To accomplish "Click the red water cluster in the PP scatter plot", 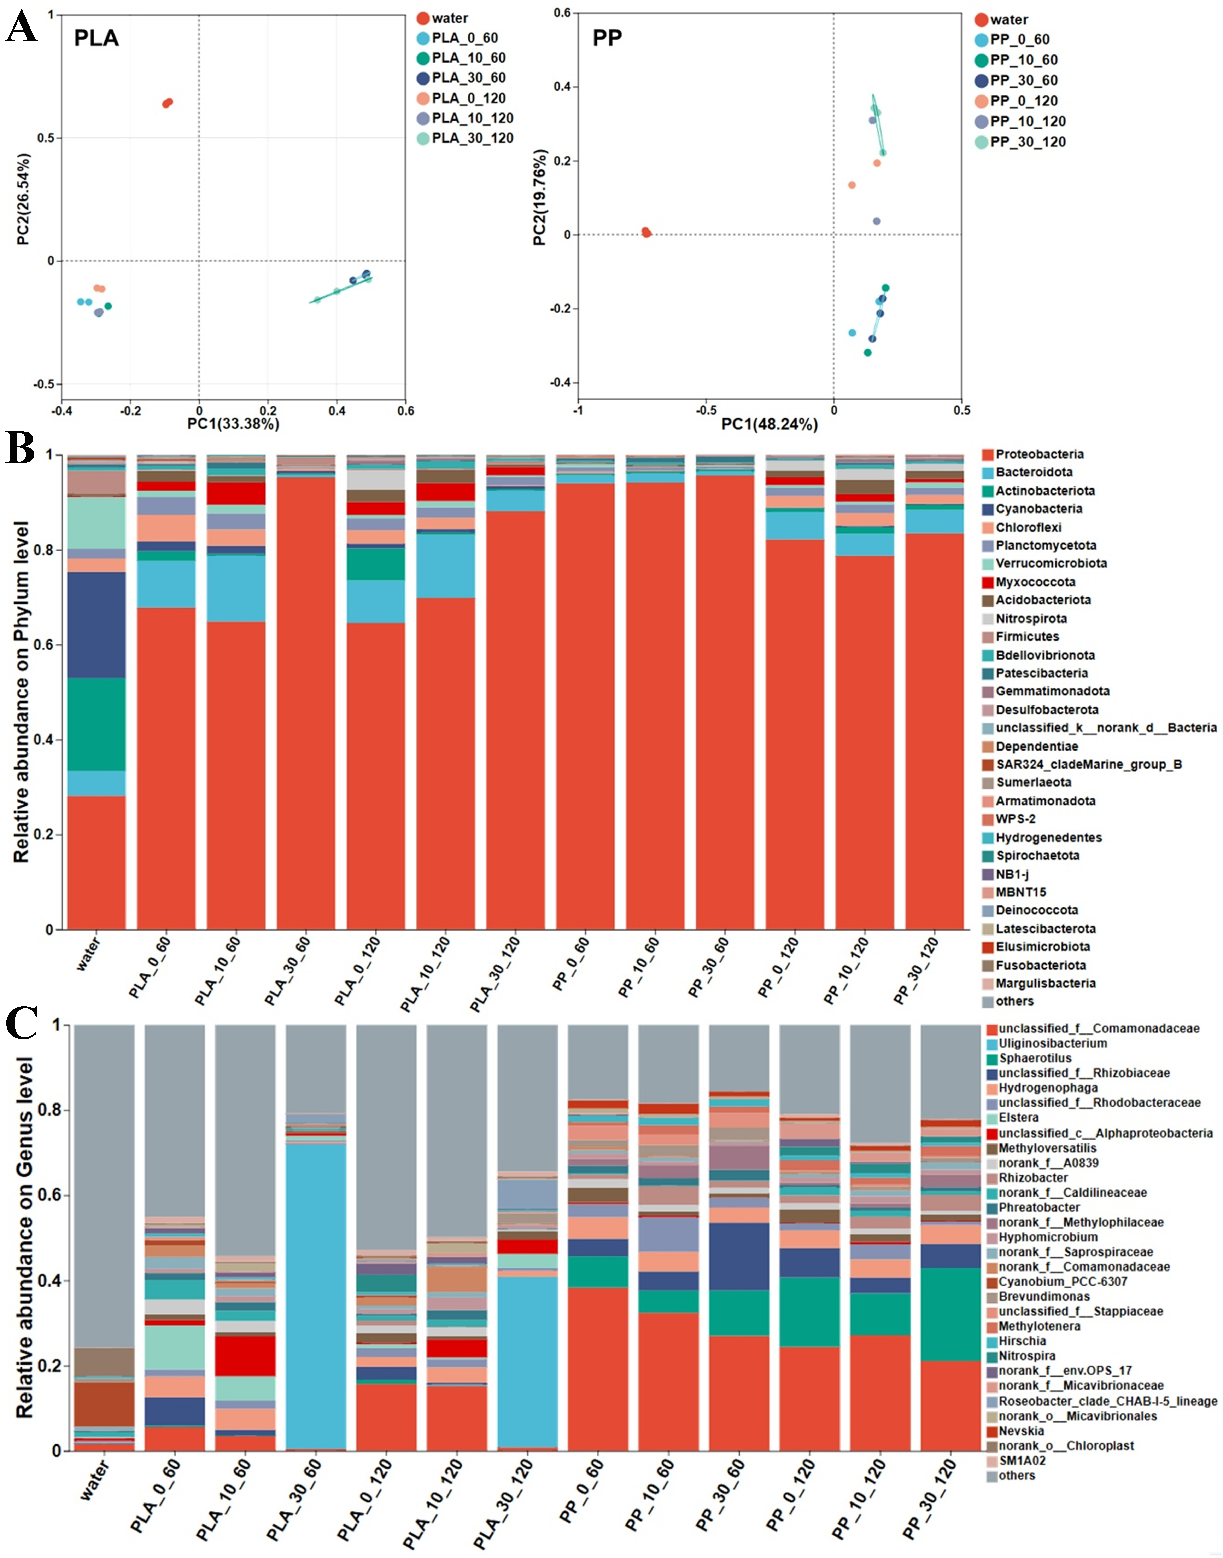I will pos(646,232).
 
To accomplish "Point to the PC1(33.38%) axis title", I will pos(233,424).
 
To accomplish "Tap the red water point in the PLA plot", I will pos(168,102).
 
